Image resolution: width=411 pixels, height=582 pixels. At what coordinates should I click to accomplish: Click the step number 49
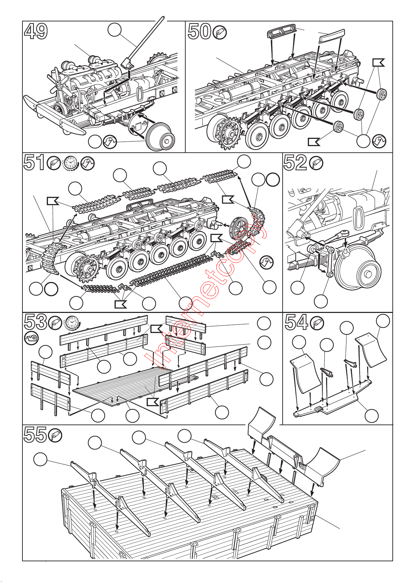[x=36, y=31]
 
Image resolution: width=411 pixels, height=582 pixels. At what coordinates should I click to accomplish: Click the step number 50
[x=199, y=31]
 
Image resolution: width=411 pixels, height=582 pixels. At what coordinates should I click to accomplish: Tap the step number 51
[x=34, y=163]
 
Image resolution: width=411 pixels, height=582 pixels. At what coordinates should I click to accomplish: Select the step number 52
[x=295, y=163]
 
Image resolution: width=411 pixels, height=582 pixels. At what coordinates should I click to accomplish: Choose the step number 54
[x=296, y=323]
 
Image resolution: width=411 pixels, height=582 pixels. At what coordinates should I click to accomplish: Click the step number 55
[x=35, y=435]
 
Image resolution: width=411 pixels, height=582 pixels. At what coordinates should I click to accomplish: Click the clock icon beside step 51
[x=70, y=163]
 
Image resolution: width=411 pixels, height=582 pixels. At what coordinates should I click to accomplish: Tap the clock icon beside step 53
[x=72, y=323]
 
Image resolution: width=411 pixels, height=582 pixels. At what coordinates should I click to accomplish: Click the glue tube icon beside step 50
[x=220, y=33]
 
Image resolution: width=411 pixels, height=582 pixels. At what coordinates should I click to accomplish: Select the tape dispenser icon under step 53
[x=31, y=338]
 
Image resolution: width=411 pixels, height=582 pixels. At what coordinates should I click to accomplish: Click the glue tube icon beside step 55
[x=56, y=436]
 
